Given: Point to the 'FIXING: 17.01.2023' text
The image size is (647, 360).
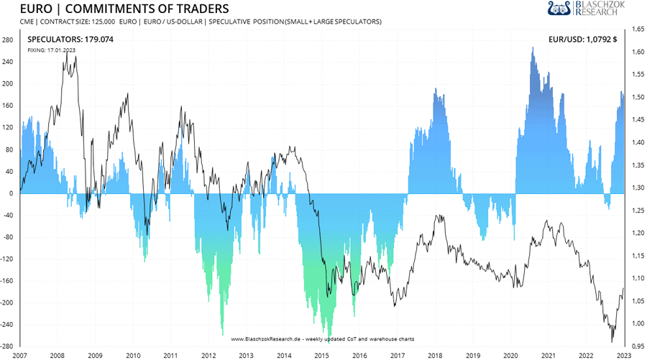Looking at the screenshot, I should (x=52, y=51).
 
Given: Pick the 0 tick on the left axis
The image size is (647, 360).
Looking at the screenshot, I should (x=11, y=193).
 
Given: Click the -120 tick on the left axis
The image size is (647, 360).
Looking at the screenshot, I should (x=8, y=259).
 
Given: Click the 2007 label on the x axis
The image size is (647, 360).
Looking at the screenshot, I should (x=20, y=355).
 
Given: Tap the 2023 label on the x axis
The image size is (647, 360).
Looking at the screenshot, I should (x=624, y=355).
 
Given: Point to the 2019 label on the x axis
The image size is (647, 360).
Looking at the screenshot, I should (x=472, y=355).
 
